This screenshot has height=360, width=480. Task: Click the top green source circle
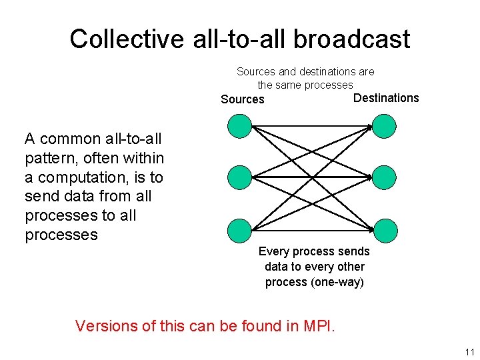[240, 126]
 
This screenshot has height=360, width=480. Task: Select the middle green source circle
[240, 177]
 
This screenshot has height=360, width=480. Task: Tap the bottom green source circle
[240, 230]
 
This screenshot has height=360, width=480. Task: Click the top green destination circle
[384, 126]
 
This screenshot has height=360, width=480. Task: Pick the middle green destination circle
[384, 177]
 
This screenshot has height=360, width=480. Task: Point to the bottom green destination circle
[385, 230]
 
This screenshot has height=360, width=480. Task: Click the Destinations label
[386, 98]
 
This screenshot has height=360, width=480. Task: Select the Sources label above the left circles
[243, 99]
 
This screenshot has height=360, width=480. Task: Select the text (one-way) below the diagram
[337, 282]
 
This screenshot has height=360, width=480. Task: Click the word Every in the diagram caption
[273, 251]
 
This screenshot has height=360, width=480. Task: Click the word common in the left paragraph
[70, 139]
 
